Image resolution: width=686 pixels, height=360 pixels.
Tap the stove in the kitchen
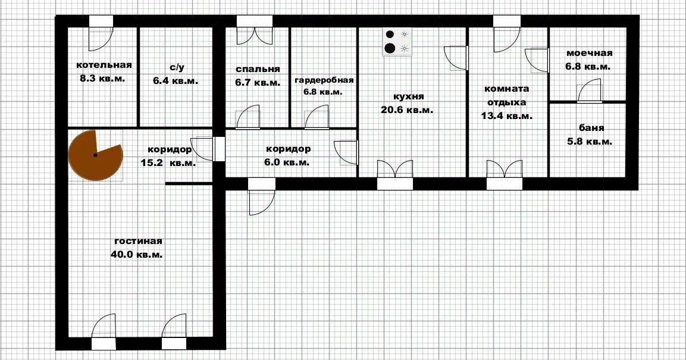pos(397,42)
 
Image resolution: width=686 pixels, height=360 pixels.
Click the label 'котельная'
pos(104,65)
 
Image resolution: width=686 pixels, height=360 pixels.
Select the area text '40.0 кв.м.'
pos(136,254)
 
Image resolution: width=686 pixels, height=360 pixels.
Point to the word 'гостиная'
pos(138,241)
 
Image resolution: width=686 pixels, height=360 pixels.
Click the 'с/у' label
pos(176,67)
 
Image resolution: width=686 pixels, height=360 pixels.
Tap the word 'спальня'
pos(258,69)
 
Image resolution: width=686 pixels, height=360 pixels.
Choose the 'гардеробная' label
pos(324,80)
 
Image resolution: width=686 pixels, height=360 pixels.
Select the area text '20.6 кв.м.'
pos(407,110)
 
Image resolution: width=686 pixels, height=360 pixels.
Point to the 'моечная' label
pos(589,54)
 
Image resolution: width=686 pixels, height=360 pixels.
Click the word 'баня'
pos(591,128)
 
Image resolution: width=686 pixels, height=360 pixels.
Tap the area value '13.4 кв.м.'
pos(507,116)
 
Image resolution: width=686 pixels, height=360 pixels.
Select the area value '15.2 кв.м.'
pos(168,162)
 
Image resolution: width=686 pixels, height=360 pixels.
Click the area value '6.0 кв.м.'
pos(287,162)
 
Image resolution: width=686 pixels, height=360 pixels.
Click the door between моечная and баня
pos(589,90)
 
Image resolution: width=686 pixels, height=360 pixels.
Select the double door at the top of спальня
pos(254,30)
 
